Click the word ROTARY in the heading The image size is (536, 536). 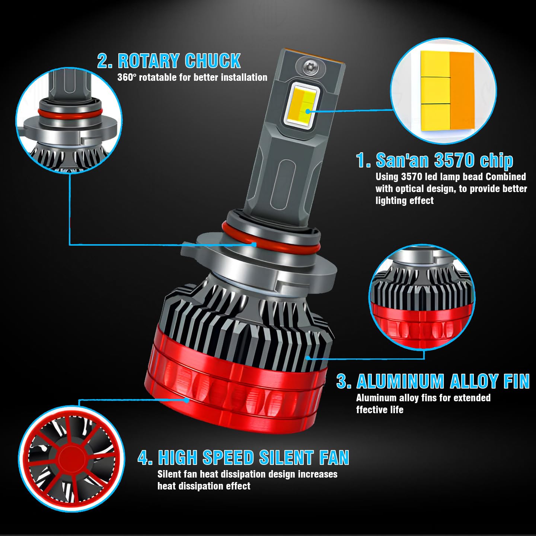coord(149,61)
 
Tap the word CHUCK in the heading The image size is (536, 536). coord(213,61)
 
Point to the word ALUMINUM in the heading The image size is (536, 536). coord(400,381)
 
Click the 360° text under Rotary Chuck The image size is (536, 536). coord(127,77)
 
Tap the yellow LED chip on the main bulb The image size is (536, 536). coord(302,106)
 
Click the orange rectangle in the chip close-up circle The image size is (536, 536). coord(462,90)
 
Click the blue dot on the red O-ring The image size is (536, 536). coord(254,245)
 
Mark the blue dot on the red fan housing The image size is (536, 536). coord(187,400)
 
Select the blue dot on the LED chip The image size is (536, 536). coord(307,112)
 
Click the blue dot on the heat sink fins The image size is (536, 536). coord(308,358)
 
